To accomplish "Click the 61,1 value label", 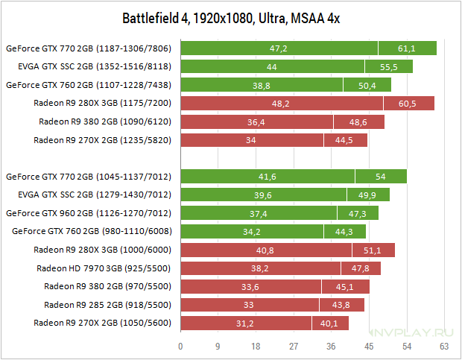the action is click(407, 48).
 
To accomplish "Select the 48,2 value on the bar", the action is click(280, 104).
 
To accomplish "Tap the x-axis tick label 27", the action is click(294, 346).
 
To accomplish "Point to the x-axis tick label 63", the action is click(444, 346).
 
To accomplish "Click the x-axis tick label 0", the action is click(180, 346).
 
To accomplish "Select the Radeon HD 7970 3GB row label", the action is click(104, 268).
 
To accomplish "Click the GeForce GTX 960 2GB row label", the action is click(89, 213).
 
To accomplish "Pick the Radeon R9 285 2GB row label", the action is click(107, 305).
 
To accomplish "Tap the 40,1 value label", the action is click(329, 323).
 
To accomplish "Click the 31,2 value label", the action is click(245, 323).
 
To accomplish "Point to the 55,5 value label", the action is click(389, 67).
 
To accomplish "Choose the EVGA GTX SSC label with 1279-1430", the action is click(95, 195).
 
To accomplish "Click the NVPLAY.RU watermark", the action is click(411, 332).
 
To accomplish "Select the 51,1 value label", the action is click(372, 250).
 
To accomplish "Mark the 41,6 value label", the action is click(268, 177).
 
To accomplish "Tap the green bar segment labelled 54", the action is click(381, 177).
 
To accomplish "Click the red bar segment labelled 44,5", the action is click(346, 140).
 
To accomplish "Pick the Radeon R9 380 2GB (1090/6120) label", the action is click(105, 121).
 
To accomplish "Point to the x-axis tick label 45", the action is click(369, 346).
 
